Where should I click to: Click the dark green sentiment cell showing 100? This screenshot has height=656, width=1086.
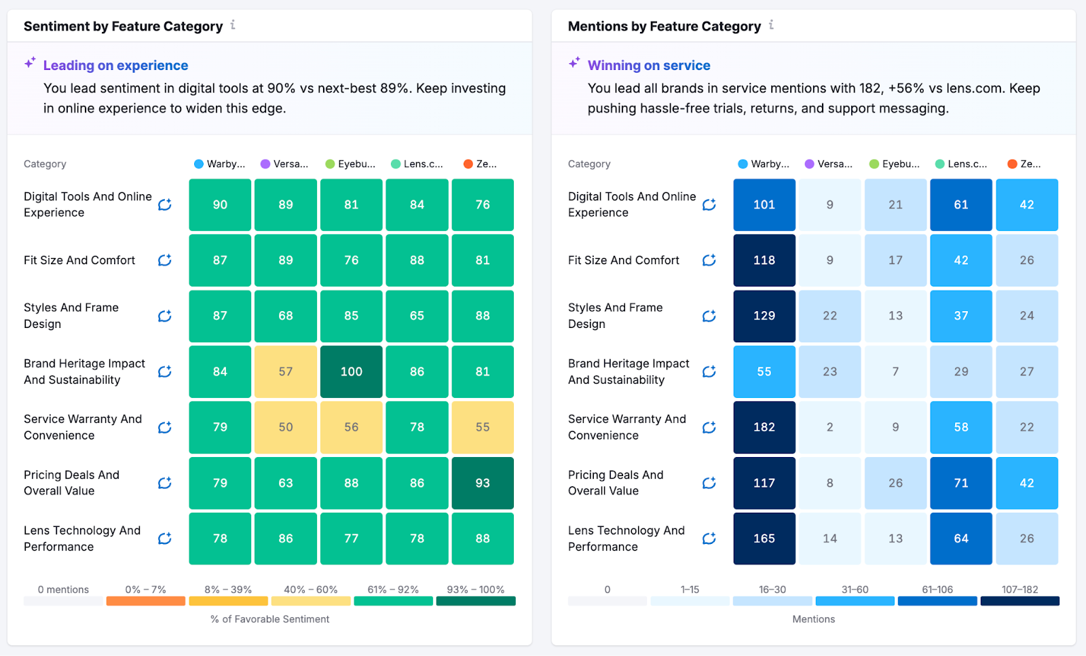click(351, 371)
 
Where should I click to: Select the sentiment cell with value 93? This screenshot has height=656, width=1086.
click(482, 483)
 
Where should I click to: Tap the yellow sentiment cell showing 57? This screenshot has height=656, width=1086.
click(286, 371)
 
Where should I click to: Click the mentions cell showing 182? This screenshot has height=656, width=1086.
click(764, 427)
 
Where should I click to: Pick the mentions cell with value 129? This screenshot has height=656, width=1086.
click(764, 316)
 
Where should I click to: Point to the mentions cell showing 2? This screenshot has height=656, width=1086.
click(829, 427)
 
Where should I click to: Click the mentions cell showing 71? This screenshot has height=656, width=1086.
click(960, 483)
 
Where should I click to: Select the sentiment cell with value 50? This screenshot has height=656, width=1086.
click(286, 427)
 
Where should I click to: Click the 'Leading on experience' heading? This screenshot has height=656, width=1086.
click(115, 65)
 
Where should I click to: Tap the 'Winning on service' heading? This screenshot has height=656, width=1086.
click(648, 65)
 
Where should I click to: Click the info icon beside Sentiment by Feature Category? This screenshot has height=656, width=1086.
click(233, 25)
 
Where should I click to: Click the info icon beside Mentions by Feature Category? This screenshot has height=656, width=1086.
click(771, 25)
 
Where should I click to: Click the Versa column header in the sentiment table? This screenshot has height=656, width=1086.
click(285, 164)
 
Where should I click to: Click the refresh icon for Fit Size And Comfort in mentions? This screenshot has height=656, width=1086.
click(709, 260)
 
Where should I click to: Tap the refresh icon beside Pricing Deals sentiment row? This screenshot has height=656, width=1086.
click(164, 483)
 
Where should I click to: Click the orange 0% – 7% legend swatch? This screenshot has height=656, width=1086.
click(145, 601)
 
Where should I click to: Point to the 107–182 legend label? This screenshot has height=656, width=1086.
click(1019, 589)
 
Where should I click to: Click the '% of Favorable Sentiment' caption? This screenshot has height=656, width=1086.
click(269, 619)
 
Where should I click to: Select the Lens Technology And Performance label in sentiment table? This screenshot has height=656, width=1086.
click(82, 539)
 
